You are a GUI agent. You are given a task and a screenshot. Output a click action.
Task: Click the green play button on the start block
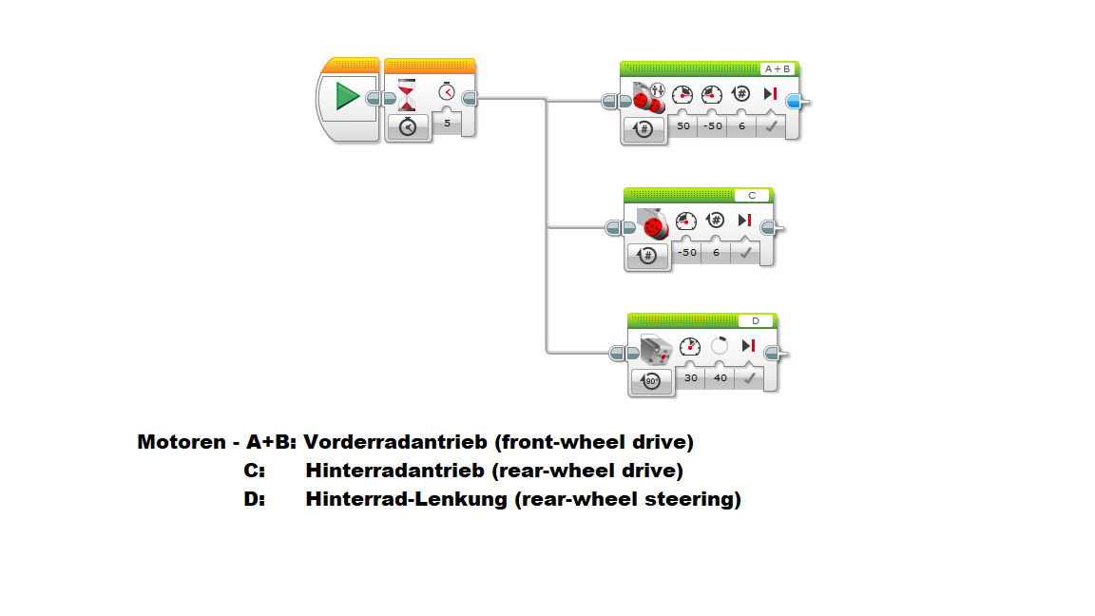tap(348, 97)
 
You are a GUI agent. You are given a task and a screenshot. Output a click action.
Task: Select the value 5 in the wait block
tap(447, 123)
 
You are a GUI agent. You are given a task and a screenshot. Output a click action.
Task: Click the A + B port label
tap(778, 69)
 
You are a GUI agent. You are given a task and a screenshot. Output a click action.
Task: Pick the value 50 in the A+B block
tap(682, 125)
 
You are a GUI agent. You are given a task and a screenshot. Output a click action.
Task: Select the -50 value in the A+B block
tap(712, 125)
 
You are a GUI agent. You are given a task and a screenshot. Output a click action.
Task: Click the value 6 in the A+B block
tap(741, 125)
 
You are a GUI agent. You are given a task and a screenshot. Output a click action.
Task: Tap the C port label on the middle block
tap(752, 196)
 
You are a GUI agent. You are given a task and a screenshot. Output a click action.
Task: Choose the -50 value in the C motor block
tap(686, 252)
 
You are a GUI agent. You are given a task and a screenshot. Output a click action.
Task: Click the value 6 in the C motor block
tap(716, 252)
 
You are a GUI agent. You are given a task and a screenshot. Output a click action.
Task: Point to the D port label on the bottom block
tap(756, 321)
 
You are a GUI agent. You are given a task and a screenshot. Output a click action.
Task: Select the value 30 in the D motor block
tap(691, 377)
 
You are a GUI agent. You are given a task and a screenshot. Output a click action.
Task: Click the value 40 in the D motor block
tap(720, 377)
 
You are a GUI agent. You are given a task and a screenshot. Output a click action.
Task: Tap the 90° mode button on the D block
tap(651, 381)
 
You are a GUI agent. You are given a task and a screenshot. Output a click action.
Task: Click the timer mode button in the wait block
tap(408, 127)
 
